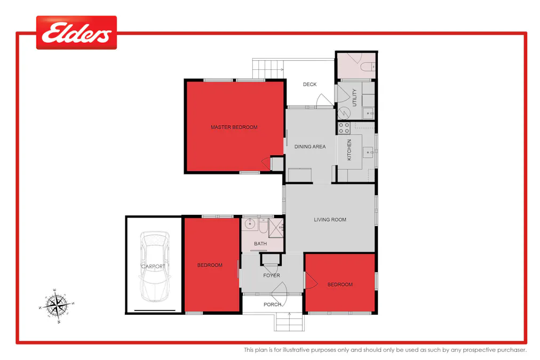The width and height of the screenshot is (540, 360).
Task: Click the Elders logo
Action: click(76, 33)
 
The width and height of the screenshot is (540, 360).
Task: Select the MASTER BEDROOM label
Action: click(234, 127)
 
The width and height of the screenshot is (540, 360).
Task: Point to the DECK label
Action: click(309, 84)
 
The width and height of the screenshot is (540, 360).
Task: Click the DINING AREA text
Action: click(310, 147)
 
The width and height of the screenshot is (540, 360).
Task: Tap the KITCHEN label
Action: click(350, 150)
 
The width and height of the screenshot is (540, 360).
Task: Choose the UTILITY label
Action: click(354, 98)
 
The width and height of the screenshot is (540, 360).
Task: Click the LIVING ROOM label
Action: click(330, 220)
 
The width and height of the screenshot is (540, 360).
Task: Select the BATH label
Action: click(260, 244)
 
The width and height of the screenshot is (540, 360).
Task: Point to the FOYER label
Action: click(272, 276)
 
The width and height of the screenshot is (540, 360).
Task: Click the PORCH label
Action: click(272, 305)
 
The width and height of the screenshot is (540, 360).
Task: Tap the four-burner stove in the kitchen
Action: click(344, 127)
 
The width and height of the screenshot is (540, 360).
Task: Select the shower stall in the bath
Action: click(276, 226)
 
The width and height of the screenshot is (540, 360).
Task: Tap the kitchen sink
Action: click(369, 153)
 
